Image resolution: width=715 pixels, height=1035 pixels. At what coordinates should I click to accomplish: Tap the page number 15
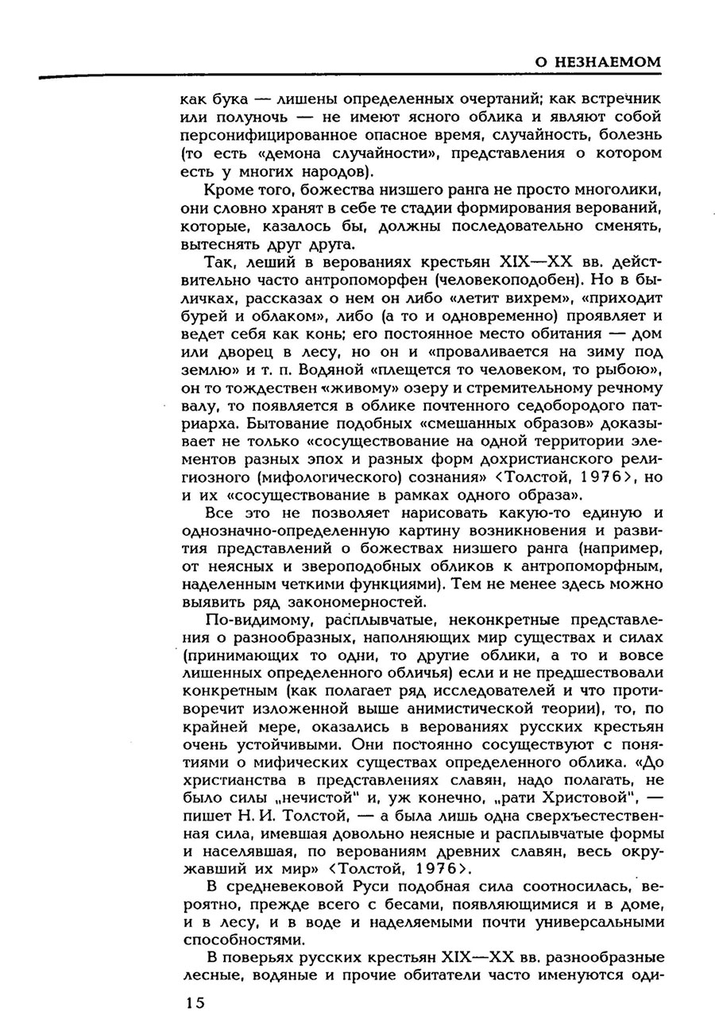195,1002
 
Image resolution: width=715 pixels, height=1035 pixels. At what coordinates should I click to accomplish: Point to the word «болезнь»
629,135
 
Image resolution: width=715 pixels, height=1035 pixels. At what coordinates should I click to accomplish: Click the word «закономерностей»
351,603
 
